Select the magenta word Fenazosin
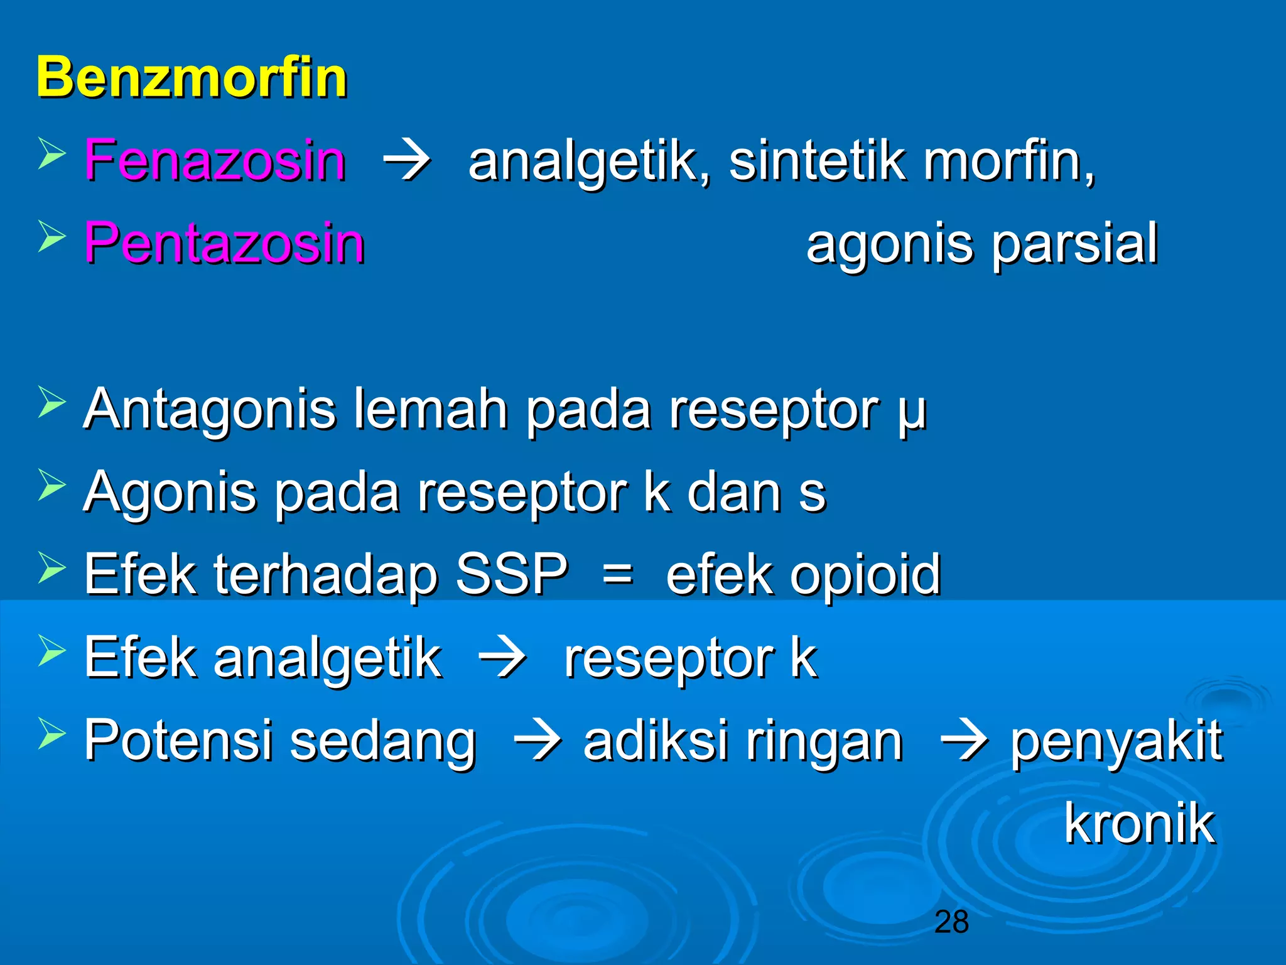215,161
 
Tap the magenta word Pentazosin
225,243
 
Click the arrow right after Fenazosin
407,162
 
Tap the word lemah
431,409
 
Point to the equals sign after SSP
617,575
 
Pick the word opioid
865,574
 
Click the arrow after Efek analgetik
502,660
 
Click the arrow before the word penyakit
964,742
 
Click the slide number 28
951,922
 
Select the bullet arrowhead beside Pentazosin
51,236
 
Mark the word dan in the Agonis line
733,493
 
